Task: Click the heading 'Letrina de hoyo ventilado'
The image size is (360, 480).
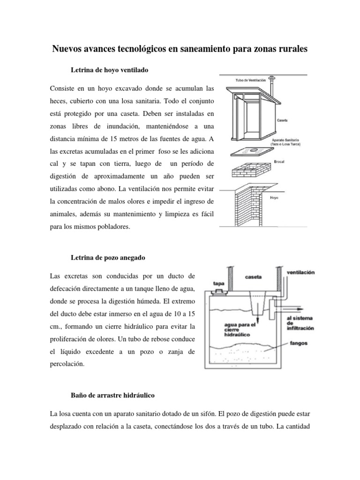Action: [109, 70]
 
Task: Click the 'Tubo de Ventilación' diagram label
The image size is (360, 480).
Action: [248, 79]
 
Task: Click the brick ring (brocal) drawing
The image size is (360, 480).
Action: [252, 166]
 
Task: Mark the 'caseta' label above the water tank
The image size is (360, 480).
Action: [254, 277]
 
